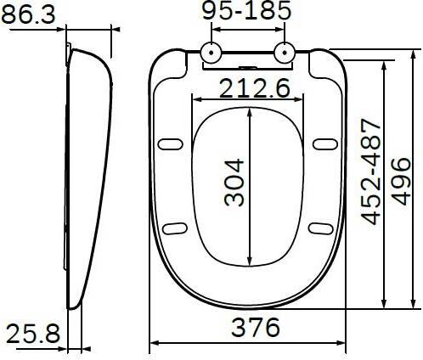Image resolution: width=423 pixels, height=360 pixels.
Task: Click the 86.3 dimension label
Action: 28,13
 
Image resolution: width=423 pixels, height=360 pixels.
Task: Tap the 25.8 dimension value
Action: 33,334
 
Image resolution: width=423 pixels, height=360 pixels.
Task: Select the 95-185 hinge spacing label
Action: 246,10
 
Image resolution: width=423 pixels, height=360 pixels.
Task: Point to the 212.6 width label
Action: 255,88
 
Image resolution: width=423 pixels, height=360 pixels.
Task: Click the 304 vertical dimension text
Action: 234,183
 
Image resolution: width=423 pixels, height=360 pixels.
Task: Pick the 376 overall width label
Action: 256,327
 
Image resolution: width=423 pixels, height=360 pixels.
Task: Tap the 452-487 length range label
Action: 371,172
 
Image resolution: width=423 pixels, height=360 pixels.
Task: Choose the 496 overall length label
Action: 402,182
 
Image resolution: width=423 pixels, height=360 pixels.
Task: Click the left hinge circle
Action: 211,53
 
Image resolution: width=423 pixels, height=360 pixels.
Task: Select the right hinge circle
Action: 285,53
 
